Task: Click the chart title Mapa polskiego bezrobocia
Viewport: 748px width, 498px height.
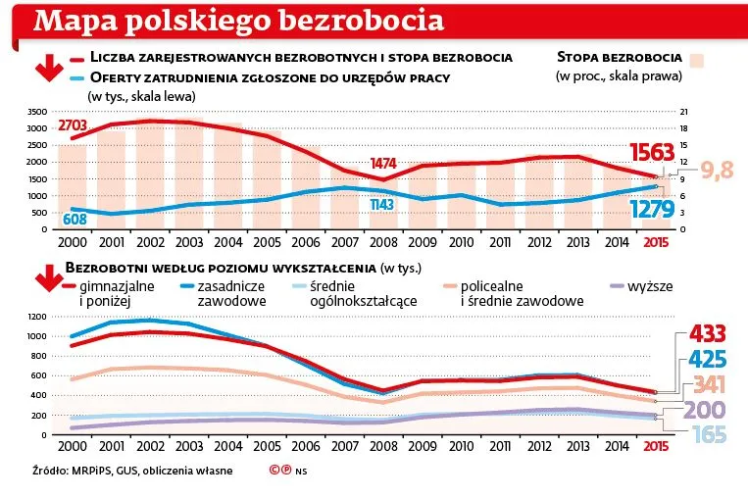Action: click(x=235, y=21)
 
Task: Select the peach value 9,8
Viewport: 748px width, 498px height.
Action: click(x=716, y=173)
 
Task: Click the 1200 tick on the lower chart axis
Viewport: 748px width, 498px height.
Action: click(x=38, y=317)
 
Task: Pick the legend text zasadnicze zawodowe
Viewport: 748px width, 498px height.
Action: click(x=230, y=294)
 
